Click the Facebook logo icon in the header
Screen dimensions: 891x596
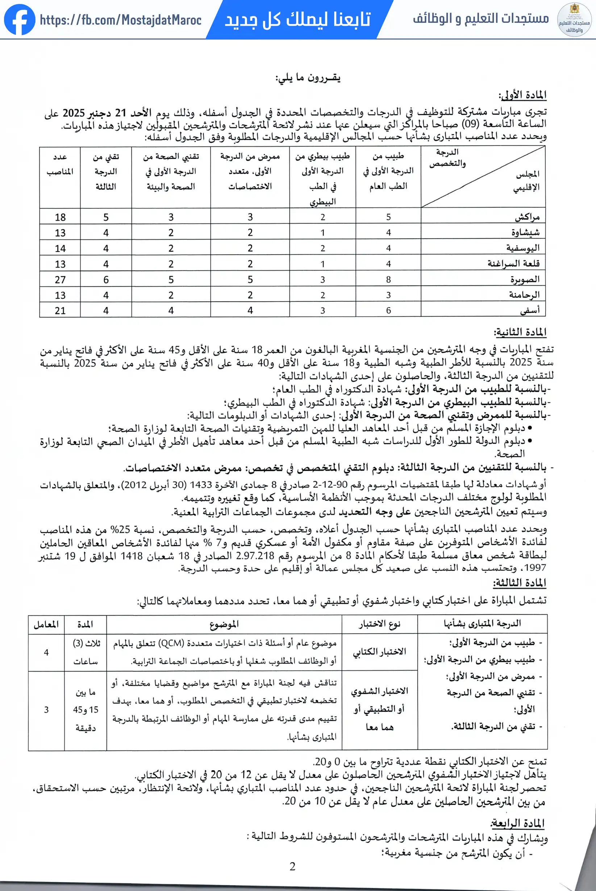pyautogui.click(x=20, y=20)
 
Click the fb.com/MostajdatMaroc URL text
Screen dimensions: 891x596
pyautogui.click(x=121, y=20)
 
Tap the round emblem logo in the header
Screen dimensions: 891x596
pyautogui.click(x=574, y=20)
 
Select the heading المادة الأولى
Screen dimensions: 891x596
pyautogui.click(x=523, y=95)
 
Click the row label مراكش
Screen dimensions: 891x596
pyautogui.click(x=527, y=217)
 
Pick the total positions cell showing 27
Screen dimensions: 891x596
pyautogui.click(x=60, y=280)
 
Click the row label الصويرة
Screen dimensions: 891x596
pyautogui.click(x=525, y=279)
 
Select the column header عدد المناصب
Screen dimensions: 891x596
pyautogui.click(x=60, y=164)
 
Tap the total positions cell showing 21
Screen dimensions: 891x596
pyautogui.click(x=60, y=311)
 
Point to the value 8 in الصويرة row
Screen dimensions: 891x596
pyautogui.click(x=388, y=280)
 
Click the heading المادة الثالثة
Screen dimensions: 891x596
pyautogui.click(x=520, y=582)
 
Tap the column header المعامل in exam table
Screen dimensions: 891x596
pyautogui.click(x=46, y=624)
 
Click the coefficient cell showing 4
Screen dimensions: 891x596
pyautogui.click(x=46, y=652)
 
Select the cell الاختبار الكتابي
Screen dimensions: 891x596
pyautogui.click(x=379, y=652)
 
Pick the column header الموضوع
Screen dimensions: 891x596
pyautogui.click(x=224, y=624)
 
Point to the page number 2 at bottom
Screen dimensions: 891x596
pyautogui.click(x=292, y=866)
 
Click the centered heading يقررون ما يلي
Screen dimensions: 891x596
pyautogui.click(x=308, y=78)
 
